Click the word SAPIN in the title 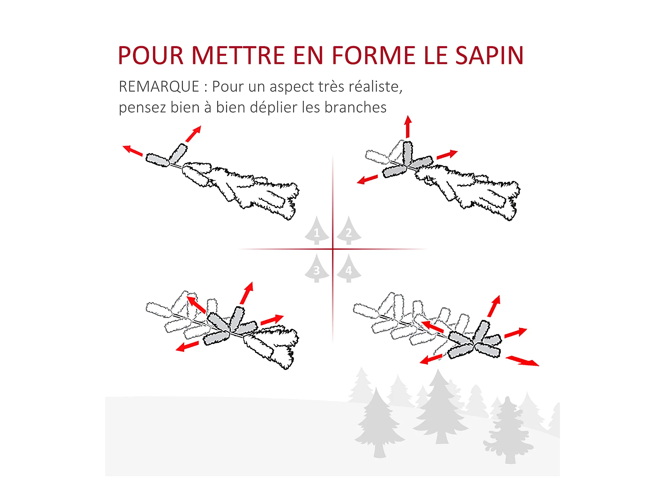click(x=489, y=55)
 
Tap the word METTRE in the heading click(x=238, y=55)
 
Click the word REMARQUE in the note click(x=159, y=87)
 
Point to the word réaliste click(x=375, y=87)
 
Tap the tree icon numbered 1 click(x=317, y=230)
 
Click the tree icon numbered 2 click(x=349, y=230)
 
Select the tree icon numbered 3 click(x=317, y=269)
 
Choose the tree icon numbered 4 click(x=349, y=269)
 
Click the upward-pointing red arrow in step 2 click(x=408, y=126)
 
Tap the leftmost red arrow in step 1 click(x=133, y=151)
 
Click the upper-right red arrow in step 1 click(x=194, y=134)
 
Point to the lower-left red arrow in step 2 click(x=367, y=179)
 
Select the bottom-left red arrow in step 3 click(x=187, y=346)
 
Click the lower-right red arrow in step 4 click(x=522, y=361)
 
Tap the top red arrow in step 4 click(x=494, y=306)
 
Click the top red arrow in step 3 click(x=247, y=293)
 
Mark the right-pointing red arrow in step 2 click(x=447, y=155)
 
